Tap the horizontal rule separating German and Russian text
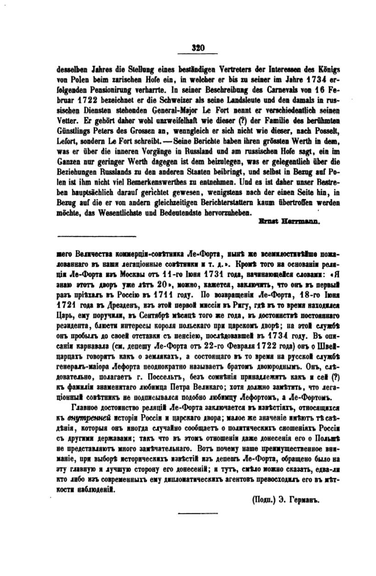(97, 237)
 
